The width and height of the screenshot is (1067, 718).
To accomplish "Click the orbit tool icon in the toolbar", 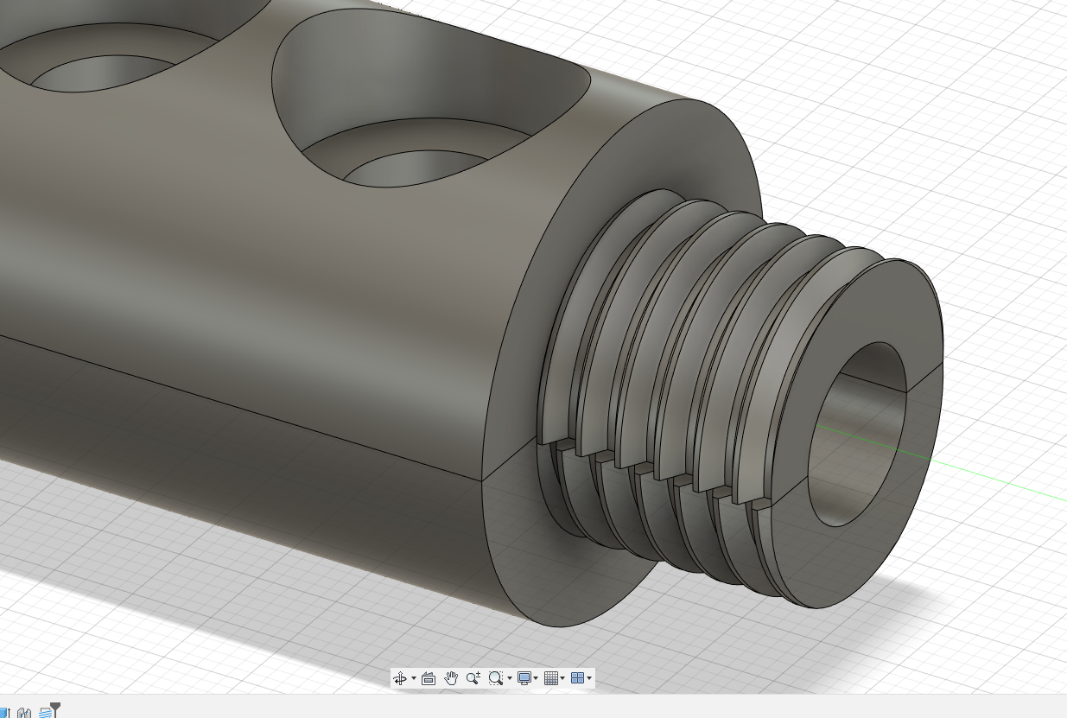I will [400, 678].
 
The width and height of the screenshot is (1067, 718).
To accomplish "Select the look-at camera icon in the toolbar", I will [429, 678].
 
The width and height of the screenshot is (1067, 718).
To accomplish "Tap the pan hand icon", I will [451, 678].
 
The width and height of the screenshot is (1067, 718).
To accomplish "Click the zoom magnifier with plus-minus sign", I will [473, 678].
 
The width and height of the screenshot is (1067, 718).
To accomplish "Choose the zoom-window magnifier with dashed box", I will [496, 678].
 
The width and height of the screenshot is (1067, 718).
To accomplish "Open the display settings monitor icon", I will [524, 678].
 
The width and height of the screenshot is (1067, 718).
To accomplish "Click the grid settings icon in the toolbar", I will [551, 678].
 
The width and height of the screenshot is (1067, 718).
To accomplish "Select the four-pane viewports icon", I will [578, 678].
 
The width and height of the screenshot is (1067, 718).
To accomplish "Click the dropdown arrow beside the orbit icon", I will [414, 678].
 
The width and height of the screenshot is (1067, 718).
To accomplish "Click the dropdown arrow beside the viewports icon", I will [589, 678].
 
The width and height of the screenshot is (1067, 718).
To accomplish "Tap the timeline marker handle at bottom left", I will [55, 706].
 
